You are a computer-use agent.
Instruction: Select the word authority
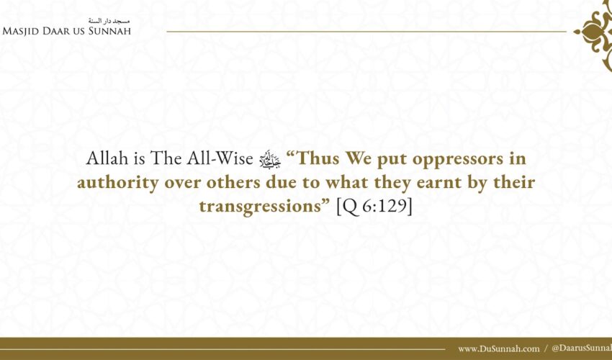coord(117,182)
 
